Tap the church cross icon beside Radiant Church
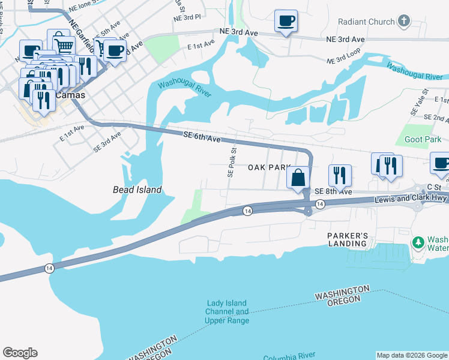click(x=404, y=22)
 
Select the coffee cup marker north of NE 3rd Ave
click(x=286, y=22)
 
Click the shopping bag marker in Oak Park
click(x=298, y=178)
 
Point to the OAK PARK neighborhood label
click(x=270, y=168)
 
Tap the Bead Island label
click(x=137, y=190)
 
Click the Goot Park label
click(x=423, y=139)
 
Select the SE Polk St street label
click(x=231, y=162)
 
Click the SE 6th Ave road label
click(x=202, y=137)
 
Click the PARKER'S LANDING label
click(x=348, y=239)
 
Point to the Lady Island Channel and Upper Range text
click(x=227, y=312)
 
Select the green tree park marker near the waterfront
click(x=418, y=242)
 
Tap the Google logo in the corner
click(x=20, y=353)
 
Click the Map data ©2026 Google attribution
click(x=412, y=355)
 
